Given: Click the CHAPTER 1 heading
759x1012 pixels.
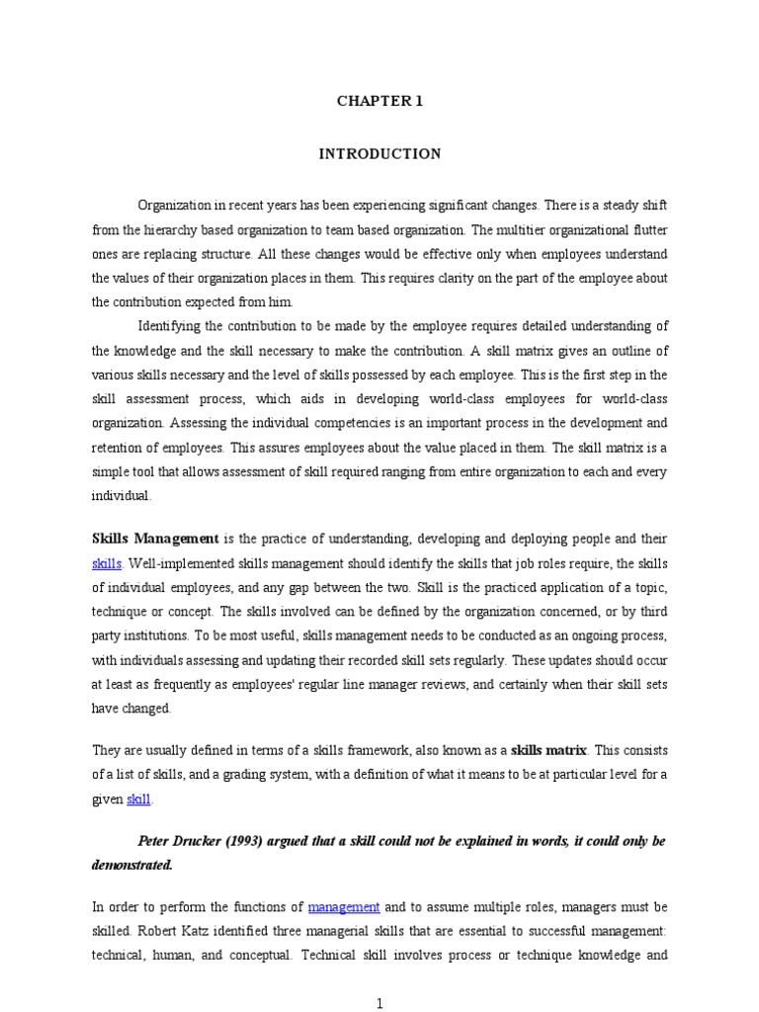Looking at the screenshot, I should point(379,101).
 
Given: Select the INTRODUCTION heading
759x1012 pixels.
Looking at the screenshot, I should point(379,154).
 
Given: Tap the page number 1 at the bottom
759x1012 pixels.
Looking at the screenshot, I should point(379,1004).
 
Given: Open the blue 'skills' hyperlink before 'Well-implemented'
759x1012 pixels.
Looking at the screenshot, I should point(107,563).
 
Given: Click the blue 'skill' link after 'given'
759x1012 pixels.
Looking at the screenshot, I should point(139,799).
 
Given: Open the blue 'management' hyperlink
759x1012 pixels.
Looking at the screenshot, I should point(344,906).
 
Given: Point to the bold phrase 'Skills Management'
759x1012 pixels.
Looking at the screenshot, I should point(155,540).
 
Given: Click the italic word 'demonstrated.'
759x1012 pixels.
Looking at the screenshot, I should point(131,865).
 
